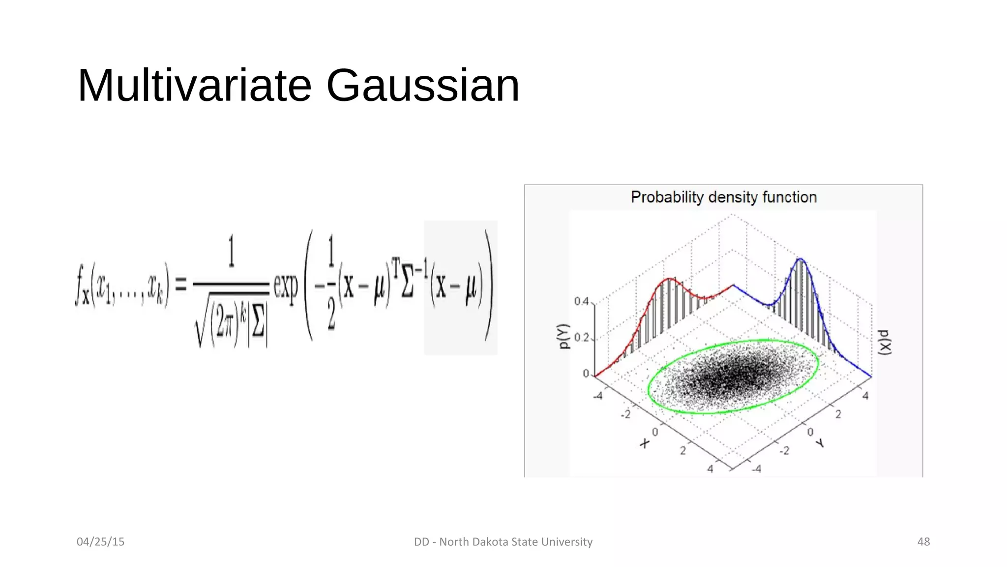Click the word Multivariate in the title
[x=195, y=86]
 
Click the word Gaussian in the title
[x=422, y=86]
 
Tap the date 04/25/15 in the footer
[x=100, y=541]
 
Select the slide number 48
[x=923, y=541]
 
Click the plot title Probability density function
[x=723, y=197]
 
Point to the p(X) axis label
[x=885, y=342]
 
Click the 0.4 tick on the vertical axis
[x=581, y=301]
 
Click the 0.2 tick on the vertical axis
[x=581, y=338]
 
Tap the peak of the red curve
[x=669, y=279]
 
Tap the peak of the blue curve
[x=800, y=259]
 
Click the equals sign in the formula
[x=181, y=284]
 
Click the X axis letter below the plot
[x=645, y=443]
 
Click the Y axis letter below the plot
[x=820, y=443]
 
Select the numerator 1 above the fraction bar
[x=232, y=251]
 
